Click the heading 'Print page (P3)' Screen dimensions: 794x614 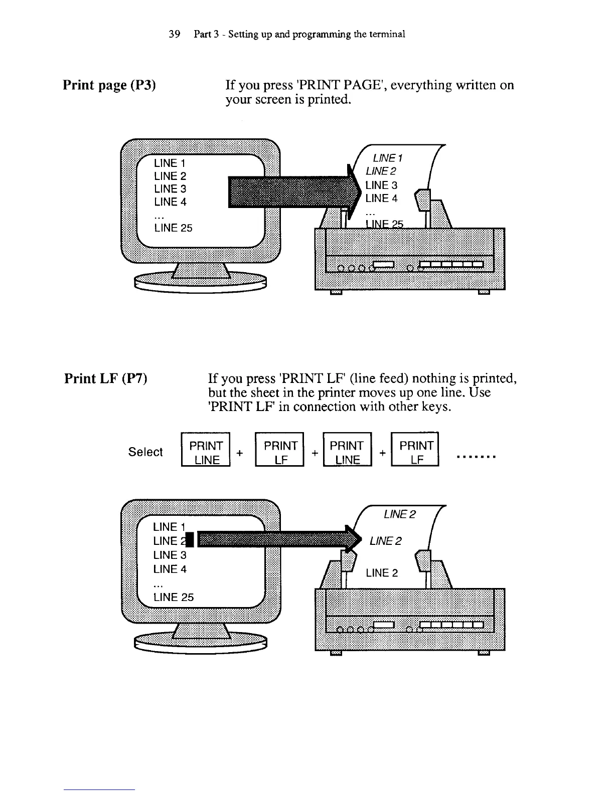coord(109,85)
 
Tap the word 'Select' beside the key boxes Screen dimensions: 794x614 coord(145,452)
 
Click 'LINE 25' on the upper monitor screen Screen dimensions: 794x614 coord(173,228)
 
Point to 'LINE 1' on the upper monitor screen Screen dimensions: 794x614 coord(170,163)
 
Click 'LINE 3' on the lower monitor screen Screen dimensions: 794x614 coord(170,555)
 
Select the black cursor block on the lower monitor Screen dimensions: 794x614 coord(190,540)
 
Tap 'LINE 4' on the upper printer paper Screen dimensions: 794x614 coord(381,198)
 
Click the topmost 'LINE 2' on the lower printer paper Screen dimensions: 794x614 coord(400,514)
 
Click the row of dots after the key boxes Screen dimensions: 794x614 coord(476,457)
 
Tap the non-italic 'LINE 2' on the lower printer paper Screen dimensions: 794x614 coord(382,573)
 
